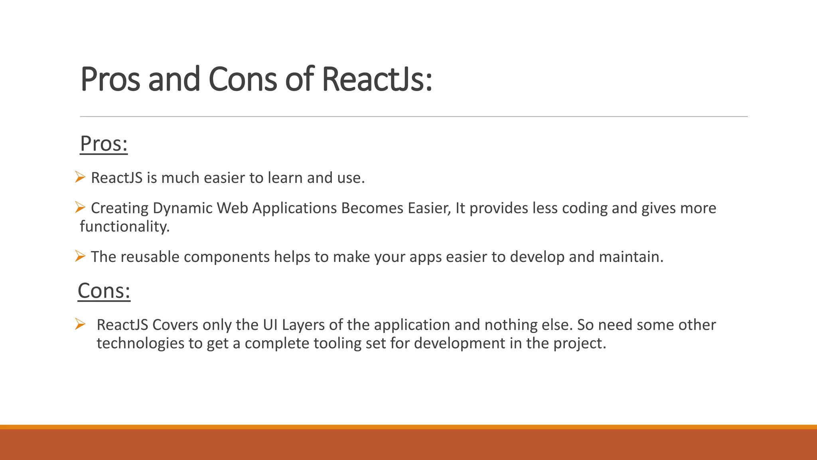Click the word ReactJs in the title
[x=377, y=79]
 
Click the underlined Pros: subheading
[x=104, y=144]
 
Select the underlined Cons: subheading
[x=104, y=291]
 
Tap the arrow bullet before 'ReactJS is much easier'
[x=80, y=177]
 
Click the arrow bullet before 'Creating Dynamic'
[x=80, y=207]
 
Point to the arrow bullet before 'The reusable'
[x=80, y=256]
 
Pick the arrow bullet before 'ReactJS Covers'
[x=80, y=324]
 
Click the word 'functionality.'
[x=125, y=226]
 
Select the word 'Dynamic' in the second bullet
[x=182, y=208]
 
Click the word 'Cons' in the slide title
[x=242, y=79]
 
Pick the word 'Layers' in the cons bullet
[x=303, y=325]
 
